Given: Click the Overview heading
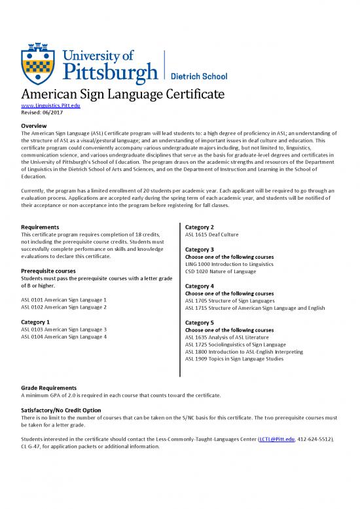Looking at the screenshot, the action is coord(37,125).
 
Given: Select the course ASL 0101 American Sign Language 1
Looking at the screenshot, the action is coord(64,299).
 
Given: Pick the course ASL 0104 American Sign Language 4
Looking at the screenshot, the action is coord(64,337).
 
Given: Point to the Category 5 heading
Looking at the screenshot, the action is coord(200,323).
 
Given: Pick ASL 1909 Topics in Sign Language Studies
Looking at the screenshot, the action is coord(234,359).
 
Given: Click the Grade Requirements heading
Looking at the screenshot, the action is coord(49,388).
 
